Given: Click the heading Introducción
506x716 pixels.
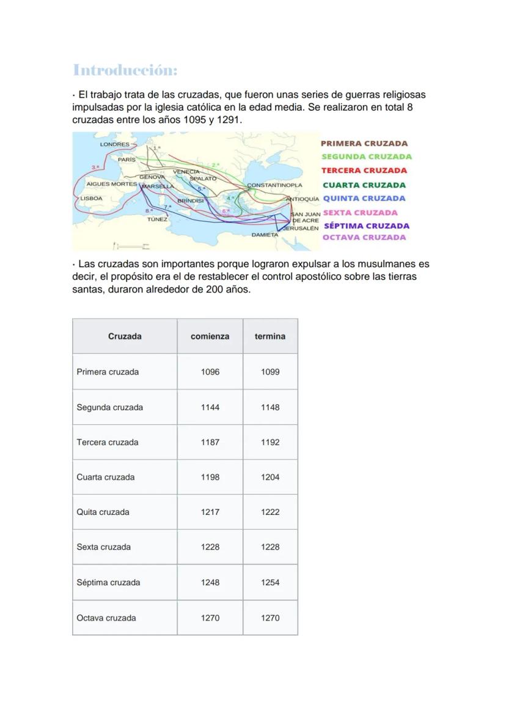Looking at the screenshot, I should click(125, 70).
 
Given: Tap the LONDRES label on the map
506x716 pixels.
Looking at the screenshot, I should click(114, 144).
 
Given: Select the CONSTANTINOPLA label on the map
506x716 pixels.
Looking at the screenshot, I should click(274, 185).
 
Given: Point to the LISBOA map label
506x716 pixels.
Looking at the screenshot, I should click(92, 198).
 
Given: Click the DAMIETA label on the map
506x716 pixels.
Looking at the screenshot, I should click(265, 235).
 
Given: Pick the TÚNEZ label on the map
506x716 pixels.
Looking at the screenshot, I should click(157, 219).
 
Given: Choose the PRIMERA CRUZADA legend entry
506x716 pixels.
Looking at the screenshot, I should click(364, 144).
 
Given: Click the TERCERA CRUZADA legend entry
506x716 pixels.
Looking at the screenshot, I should click(364, 171).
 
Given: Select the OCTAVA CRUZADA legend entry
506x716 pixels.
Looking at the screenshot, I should click(364, 238).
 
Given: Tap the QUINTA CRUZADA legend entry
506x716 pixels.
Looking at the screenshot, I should click(364, 199).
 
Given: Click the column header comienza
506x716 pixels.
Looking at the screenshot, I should click(210, 336).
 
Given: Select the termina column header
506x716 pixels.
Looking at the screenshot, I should click(270, 336).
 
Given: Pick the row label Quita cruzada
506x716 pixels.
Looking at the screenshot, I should click(103, 512).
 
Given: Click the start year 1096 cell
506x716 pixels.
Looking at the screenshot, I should click(210, 372).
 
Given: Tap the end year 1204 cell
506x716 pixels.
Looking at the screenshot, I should click(270, 477).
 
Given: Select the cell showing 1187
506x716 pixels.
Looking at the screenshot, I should click(210, 442).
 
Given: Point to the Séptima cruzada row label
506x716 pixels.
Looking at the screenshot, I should click(108, 583).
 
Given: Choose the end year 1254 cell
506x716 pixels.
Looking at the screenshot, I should click(270, 583).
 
